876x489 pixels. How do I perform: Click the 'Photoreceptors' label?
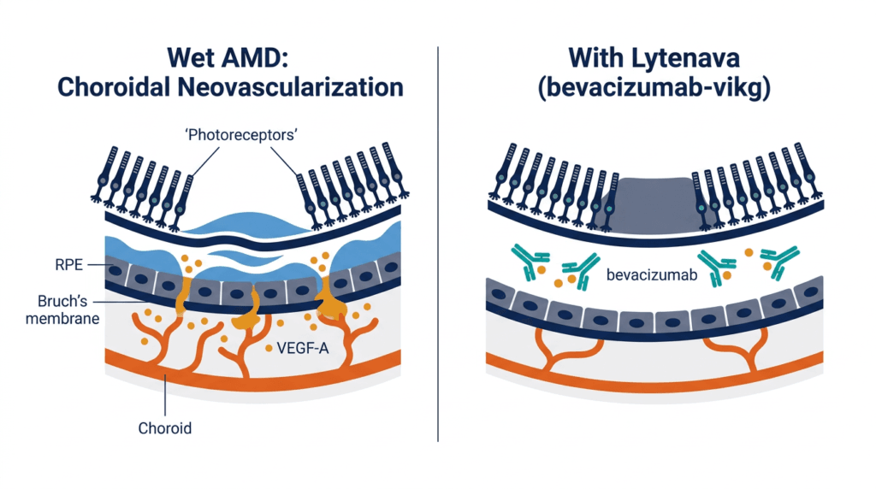[240, 135]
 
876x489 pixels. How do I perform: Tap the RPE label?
[68, 265]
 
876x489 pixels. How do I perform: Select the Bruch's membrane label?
[62, 309]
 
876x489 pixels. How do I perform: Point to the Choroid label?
[165, 428]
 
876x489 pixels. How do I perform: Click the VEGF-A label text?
[303, 348]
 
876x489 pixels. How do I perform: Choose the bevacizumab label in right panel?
[652, 274]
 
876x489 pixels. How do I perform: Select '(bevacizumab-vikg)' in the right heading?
[654, 88]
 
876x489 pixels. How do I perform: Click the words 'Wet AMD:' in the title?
[228, 57]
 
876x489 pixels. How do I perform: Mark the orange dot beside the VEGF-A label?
[269, 348]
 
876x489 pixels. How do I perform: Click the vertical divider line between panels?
[438, 244]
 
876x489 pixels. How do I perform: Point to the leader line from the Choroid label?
[165, 395]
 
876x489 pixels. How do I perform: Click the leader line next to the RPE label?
[101, 265]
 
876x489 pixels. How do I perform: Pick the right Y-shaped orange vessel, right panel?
[737, 349]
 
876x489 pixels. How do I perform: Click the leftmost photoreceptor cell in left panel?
[104, 174]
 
